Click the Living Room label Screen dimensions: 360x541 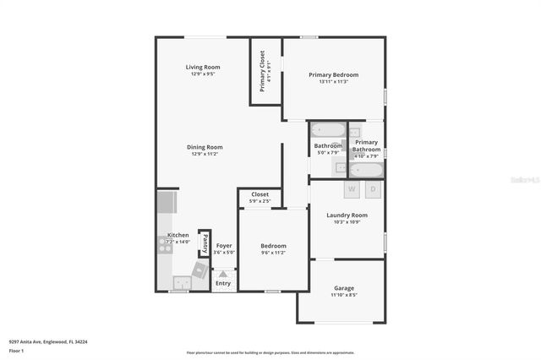coord(203,67)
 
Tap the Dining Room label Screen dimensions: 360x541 coord(204,147)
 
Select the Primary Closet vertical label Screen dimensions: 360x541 coord(262,70)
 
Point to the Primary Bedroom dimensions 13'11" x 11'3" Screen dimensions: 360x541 coord(334,82)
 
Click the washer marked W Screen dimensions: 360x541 coord(351,189)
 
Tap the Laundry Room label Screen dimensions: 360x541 coord(347,215)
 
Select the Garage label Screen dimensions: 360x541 coord(343,289)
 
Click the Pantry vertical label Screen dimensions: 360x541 coord(204,244)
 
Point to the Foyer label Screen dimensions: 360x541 coord(224,246)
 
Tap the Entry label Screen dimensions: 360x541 coord(222,283)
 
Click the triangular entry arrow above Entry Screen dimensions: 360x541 coord(223,274)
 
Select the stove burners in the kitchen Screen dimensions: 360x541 coord(164,246)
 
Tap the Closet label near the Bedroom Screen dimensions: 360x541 coord(260,194)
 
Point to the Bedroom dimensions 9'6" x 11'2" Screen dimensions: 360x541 coord(273,253)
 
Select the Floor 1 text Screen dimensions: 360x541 coord(16,350)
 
